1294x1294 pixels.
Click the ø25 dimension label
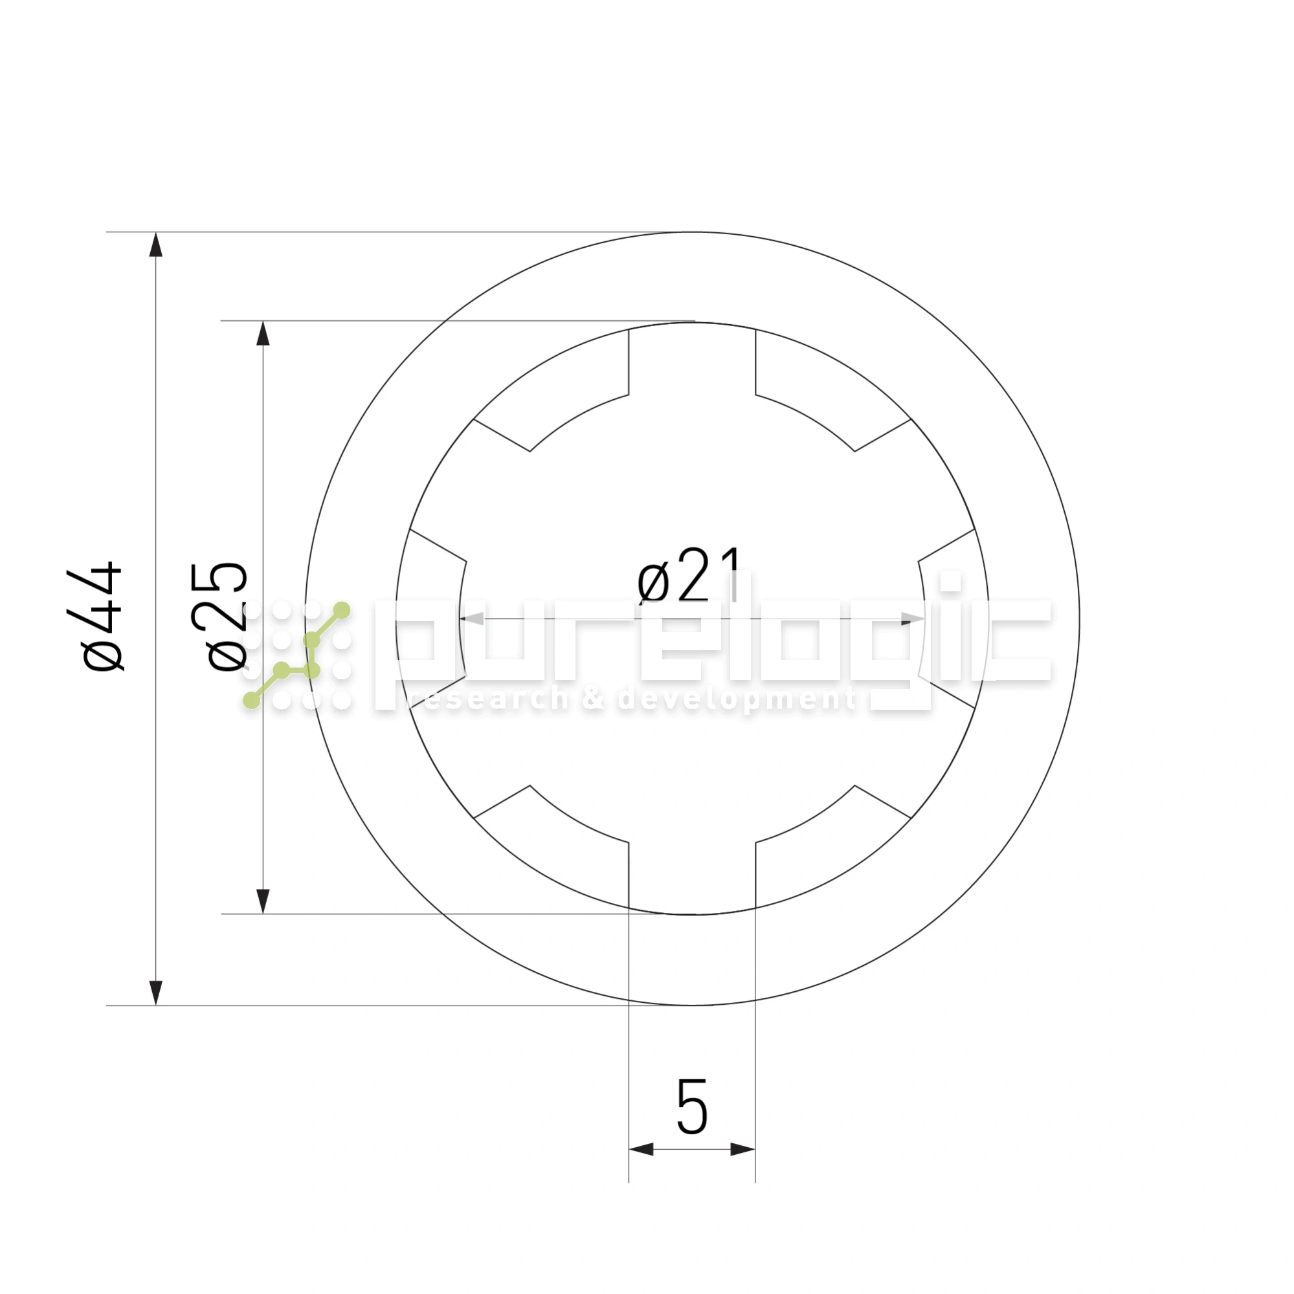click(x=218, y=616)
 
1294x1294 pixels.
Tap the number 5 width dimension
click(x=692, y=1106)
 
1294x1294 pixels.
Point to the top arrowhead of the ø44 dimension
click(x=155, y=244)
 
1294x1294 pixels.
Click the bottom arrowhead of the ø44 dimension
click(x=155, y=992)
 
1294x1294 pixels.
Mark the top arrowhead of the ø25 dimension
click(x=263, y=333)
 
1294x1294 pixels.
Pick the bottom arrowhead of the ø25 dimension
click(x=263, y=901)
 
